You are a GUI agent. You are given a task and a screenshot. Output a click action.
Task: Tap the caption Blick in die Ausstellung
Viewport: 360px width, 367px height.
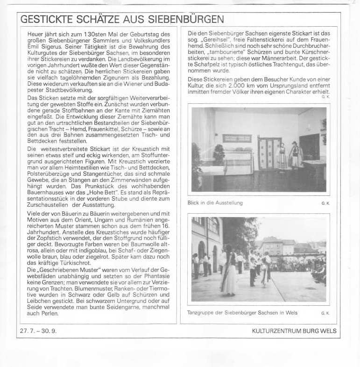pos(215,203)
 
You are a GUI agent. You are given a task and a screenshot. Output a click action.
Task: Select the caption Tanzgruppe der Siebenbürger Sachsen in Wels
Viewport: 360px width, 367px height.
pos(242,313)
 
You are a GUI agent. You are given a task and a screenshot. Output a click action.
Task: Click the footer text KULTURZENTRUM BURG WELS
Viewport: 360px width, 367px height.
pos(293,331)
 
